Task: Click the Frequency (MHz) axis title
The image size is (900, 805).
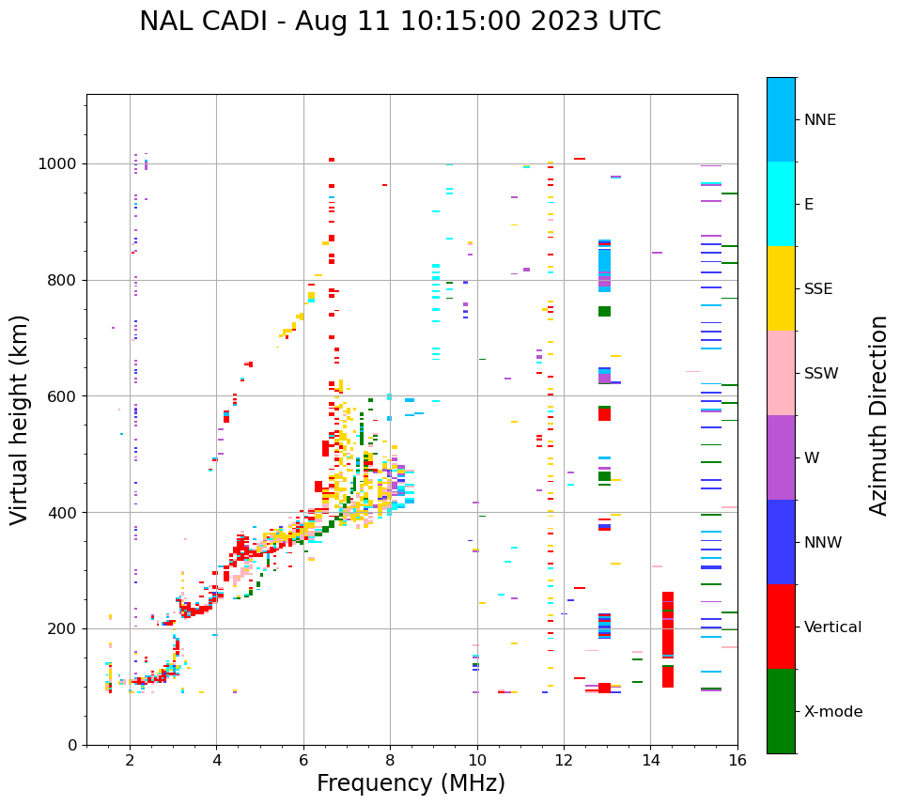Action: pos(411,783)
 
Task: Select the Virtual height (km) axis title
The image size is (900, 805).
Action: pos(20,420)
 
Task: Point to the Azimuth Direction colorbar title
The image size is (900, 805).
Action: pos(878,415)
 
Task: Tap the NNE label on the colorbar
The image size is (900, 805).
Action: pos(819,120)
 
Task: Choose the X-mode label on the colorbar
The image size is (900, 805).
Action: pos(832,712)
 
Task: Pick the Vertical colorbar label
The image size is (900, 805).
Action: pos(832,627)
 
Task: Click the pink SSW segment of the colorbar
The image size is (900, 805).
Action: pos(781,373)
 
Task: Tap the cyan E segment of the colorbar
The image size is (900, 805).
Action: pos(781,204)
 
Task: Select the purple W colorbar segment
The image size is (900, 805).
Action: pos(781,457)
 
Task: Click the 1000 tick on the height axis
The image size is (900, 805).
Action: pos(58,164)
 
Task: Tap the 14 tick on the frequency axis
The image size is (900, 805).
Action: pos(651,761)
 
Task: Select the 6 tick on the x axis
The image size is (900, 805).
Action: pos(303,761)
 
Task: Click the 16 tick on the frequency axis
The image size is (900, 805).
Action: pos(737,761)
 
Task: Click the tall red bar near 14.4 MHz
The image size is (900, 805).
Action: pos(668,639)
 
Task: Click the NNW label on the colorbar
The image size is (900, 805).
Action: pos(823,543)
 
